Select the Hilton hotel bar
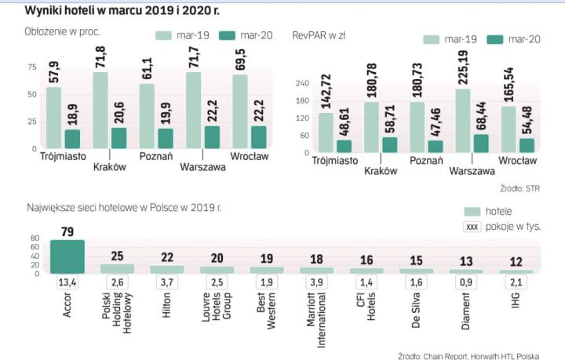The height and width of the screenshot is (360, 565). tap(167, 269)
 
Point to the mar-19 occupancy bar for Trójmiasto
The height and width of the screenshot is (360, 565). tap(53, 118)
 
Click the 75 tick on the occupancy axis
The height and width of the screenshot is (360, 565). tap(31, 67)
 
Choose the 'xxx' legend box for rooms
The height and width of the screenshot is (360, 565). tap(472, 227)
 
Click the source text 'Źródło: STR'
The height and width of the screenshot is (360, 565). tap(519, 188)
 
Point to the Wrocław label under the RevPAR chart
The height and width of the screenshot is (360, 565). tap(517, 160)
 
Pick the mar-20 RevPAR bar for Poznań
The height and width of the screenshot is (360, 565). tap(436, 146)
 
